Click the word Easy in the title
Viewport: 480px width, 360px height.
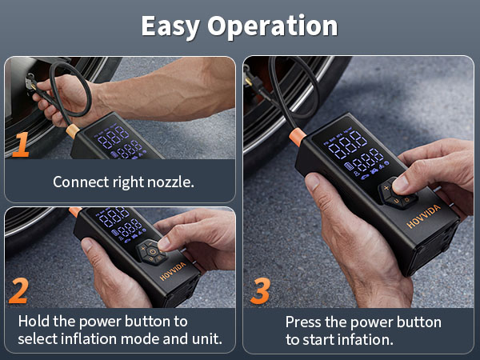170,26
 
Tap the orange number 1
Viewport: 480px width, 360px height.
21,144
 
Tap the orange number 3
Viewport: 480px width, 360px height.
260,290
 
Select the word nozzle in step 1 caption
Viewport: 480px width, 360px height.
170,182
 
